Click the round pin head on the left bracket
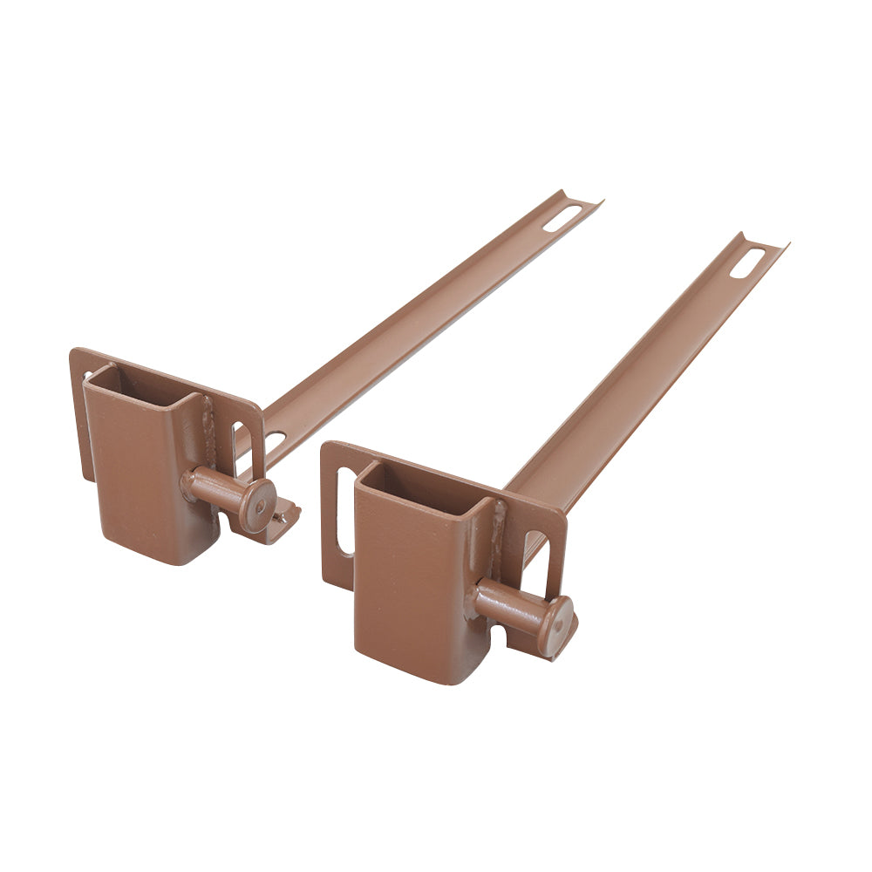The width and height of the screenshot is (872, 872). coord(258,505)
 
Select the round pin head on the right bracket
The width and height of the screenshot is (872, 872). coord(555,624)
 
